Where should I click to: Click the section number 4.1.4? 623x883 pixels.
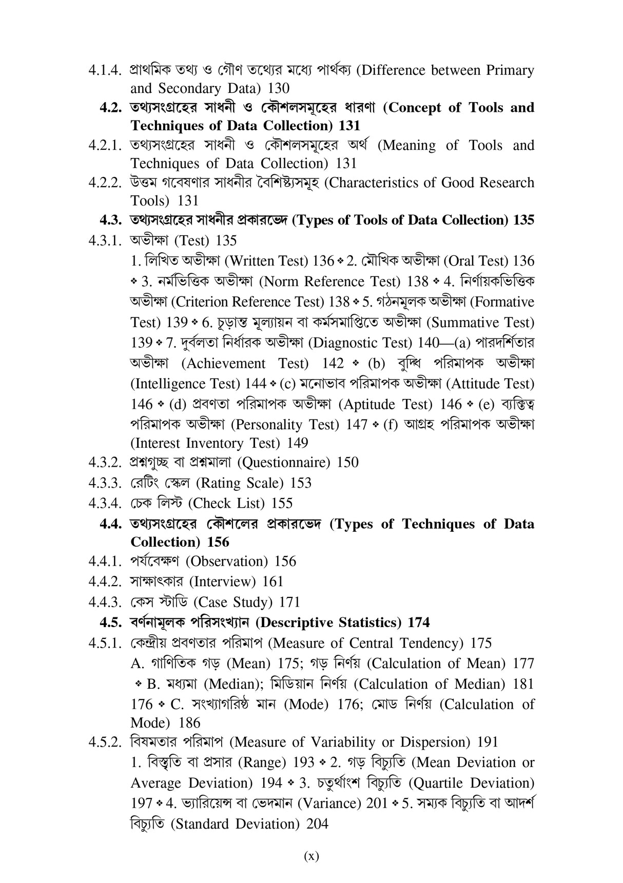coord(105,70)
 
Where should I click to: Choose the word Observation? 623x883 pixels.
coord(226,561)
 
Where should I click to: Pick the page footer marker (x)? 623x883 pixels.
coord(311,856)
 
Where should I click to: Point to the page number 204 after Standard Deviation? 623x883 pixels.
coord(317,824)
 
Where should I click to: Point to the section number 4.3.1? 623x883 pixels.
coord(105,240)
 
